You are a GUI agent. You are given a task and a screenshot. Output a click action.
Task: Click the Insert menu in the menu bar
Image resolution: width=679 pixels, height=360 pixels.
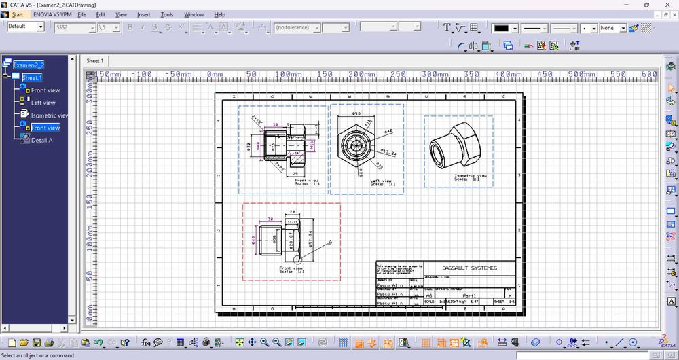click(x=143, y=14)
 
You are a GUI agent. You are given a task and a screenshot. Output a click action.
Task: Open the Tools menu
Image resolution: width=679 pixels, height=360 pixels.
click(x=166, y=14)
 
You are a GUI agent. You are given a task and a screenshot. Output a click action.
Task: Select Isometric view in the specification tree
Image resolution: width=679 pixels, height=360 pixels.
click(x=50, y=115)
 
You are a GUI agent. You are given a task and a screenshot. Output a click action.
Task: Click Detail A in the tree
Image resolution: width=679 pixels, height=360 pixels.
click(x=41, y=140)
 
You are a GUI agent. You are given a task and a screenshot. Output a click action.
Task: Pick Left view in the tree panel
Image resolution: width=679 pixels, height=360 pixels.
click(x=43, y=103)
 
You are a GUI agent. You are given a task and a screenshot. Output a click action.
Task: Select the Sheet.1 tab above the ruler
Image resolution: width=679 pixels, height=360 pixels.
click(x=94, y=60)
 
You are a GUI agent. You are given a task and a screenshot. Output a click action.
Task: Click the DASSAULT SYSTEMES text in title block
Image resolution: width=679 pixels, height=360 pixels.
click(x=469, y=268)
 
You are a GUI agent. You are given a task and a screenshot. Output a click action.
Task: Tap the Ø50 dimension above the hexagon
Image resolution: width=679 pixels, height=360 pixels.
click(x=355, y=114)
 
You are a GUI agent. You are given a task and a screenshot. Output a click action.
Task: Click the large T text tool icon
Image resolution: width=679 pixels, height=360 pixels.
click(x=447, y=28)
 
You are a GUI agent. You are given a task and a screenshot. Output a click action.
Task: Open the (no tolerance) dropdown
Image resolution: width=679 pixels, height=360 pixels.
click(x=297, y=28)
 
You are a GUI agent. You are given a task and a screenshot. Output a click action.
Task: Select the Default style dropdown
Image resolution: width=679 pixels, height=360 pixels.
click(x=25, y=26)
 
